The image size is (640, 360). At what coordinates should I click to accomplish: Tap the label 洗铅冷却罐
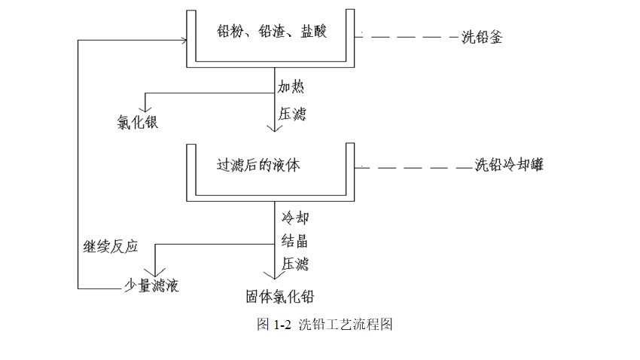[x=509, y=166]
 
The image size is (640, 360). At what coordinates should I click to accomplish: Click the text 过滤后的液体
[x=258, y=164]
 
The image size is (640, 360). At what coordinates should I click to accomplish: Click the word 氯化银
[x=136, y=123]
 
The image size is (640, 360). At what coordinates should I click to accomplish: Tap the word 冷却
[x=295, y=218]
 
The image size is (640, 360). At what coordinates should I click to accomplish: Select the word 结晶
[x=295, y=241]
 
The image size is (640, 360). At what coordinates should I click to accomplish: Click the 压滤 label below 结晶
[x=295, y=264]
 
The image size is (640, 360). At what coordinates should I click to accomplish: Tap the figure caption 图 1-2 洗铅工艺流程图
[x=325, y=325]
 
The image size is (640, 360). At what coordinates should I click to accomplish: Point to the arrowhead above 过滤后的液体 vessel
[x=276, y=128]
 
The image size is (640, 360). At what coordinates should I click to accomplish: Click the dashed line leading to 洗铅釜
[x=410, y=36]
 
